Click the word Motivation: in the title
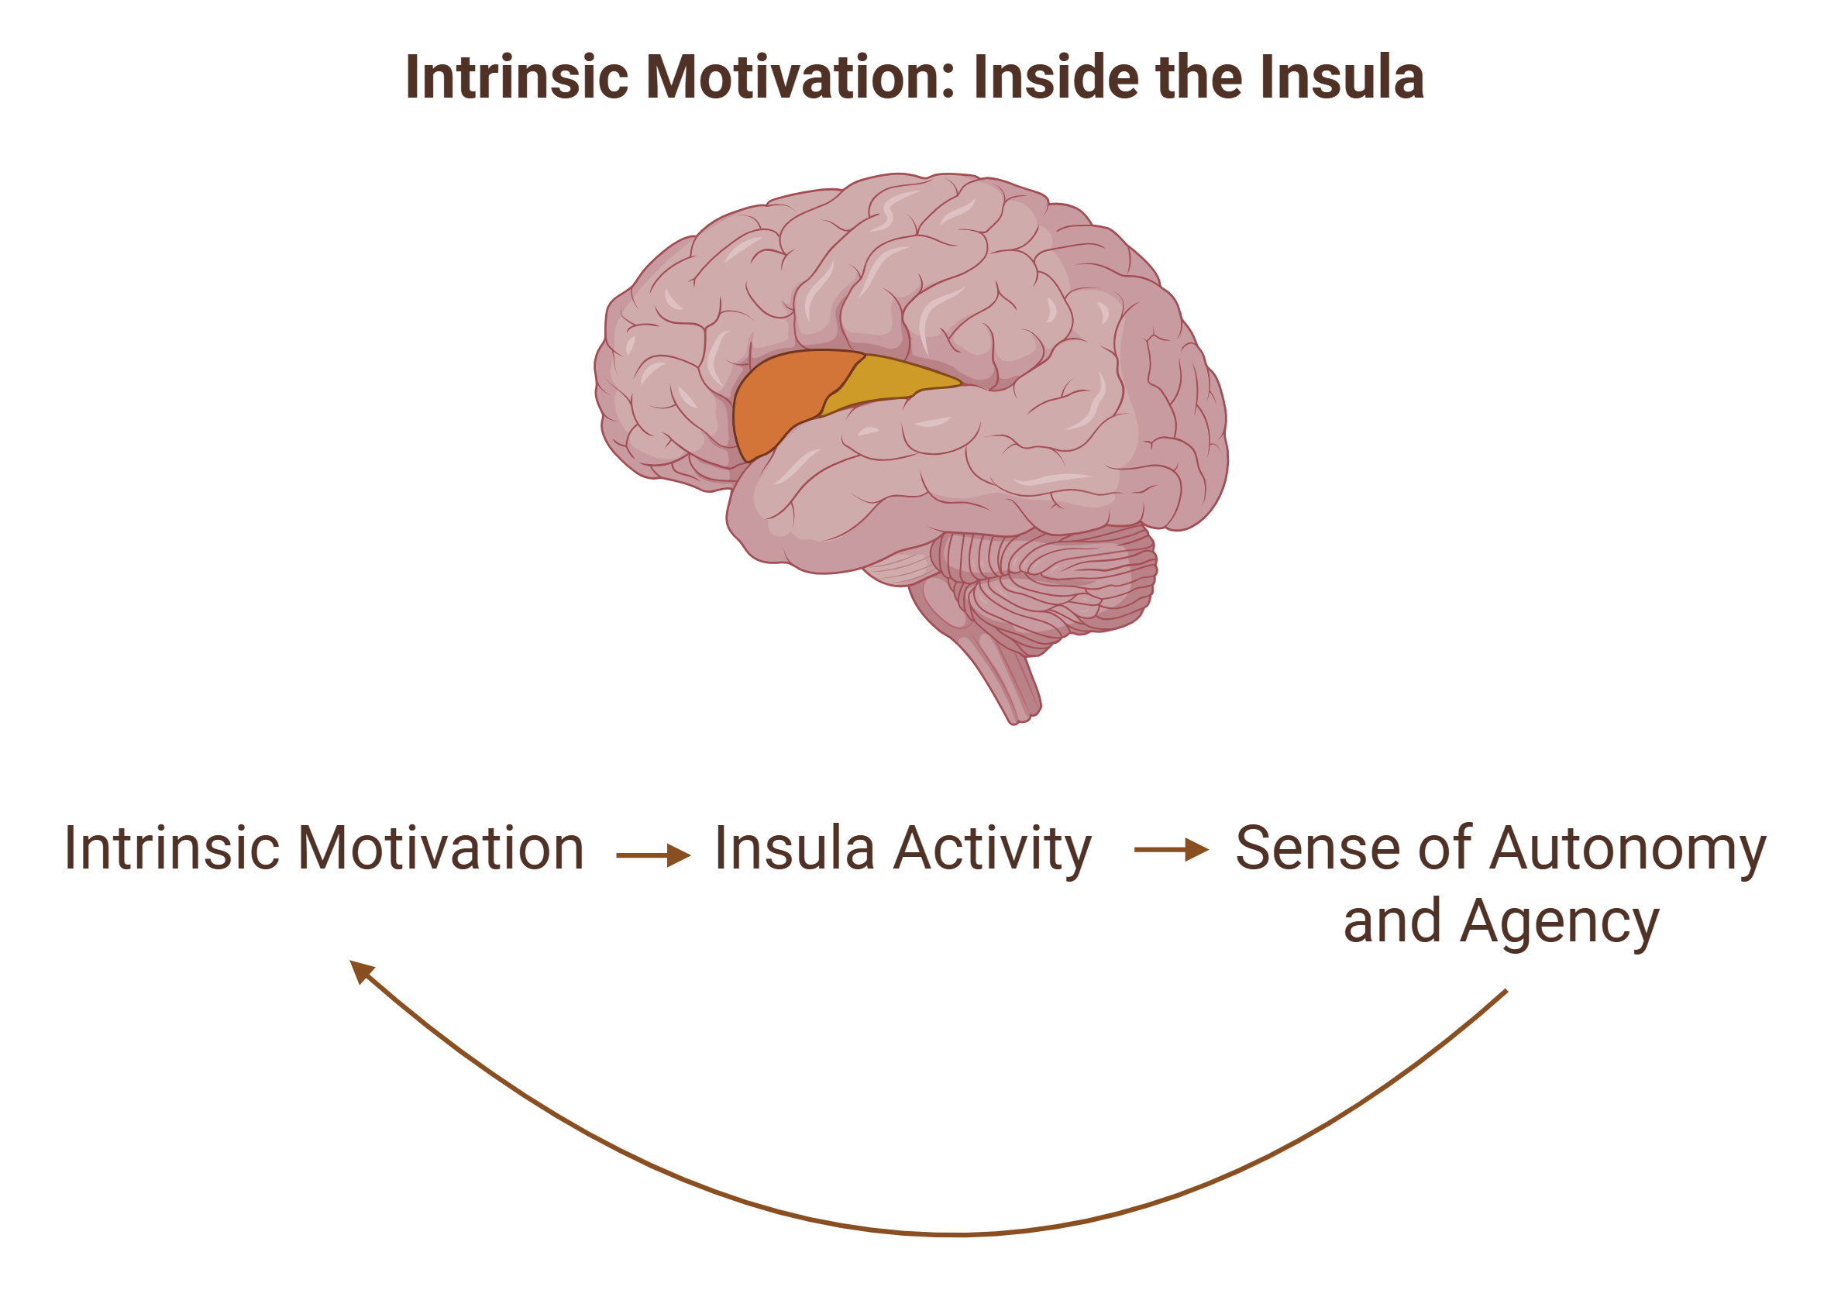click(801, 77)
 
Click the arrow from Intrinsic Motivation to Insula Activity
click(652, 855)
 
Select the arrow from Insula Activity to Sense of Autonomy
click(1171, 849)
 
